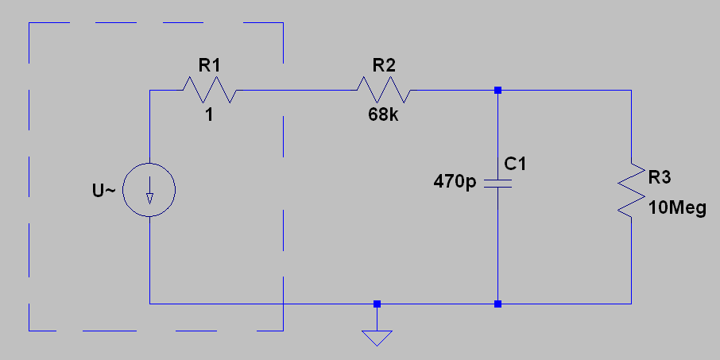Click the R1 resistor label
[208, 65]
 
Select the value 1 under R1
[209, 114]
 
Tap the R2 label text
[383, 65]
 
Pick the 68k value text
[384, 114]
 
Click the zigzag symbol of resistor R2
[385, 90]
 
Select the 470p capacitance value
[455, 182]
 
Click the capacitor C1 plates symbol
[497, 184]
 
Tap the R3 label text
[660, 176]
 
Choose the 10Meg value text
[677, 208]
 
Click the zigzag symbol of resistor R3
[632, 189]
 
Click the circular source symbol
[150, 191]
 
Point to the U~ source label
[105, 191]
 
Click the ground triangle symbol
[377, 336]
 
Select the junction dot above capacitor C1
[497, 90]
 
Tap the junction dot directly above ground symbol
[377, 304]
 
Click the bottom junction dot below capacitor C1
[497, 304]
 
